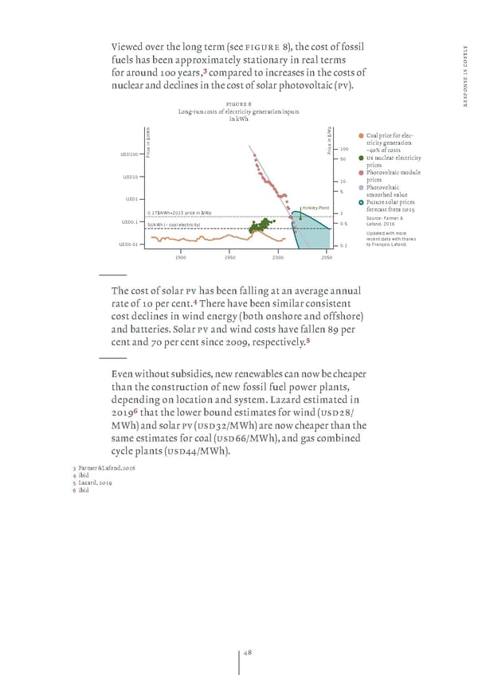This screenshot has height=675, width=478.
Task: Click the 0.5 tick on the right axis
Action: tap(343, 223)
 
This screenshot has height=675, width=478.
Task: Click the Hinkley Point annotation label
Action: tap(315, 209)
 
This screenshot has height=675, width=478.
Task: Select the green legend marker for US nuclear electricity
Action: tap(361, 158)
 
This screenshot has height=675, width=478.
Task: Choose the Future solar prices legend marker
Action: tap(361, 202)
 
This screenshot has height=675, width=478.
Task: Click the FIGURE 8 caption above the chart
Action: tap(239, 103)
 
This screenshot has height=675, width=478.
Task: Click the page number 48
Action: tap(247, 653)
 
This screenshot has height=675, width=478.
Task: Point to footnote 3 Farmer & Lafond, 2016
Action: tap(104, 469)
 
